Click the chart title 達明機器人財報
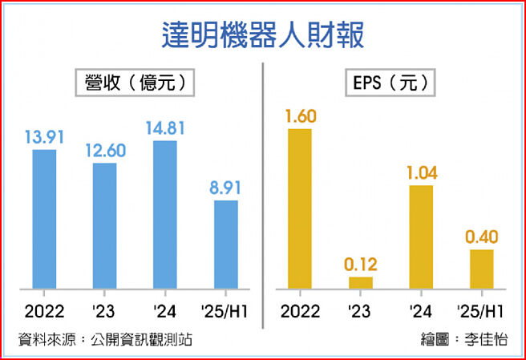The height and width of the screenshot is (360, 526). [x=263, y=35]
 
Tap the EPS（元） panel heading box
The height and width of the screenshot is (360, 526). [x=390, y=83]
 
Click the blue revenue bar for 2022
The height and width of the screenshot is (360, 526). [x=44, y=218]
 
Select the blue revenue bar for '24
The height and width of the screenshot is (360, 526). [x=165, y=214]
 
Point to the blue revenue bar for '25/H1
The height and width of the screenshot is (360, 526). [x=226, y=244]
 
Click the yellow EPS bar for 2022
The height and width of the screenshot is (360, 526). [x=299, y=208]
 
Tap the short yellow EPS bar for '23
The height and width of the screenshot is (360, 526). [x=360, y=282]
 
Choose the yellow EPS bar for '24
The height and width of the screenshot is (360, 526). [x=421, y=237]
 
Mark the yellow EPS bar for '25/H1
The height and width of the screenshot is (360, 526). [x=481, y=268]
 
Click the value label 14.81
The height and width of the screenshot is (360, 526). [x=165, y=127]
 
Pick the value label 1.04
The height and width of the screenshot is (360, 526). [x=421, y=172]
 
